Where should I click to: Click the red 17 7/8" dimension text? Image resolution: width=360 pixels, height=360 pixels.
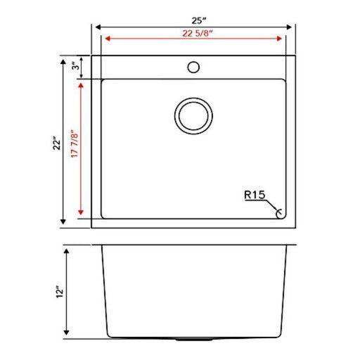[74, 149]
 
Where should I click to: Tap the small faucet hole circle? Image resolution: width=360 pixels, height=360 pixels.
[193, 68]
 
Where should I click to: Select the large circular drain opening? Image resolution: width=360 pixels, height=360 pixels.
[193, 116]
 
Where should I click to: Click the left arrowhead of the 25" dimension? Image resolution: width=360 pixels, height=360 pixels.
[98, 27]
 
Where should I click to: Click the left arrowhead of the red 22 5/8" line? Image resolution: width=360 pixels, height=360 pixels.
[107, 39]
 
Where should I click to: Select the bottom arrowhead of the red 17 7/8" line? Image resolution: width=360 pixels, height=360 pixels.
[82, 212]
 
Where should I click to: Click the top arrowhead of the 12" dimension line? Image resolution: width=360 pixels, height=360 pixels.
[67, 250]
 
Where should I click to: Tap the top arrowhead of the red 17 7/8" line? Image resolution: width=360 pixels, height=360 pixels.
[82, 82]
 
